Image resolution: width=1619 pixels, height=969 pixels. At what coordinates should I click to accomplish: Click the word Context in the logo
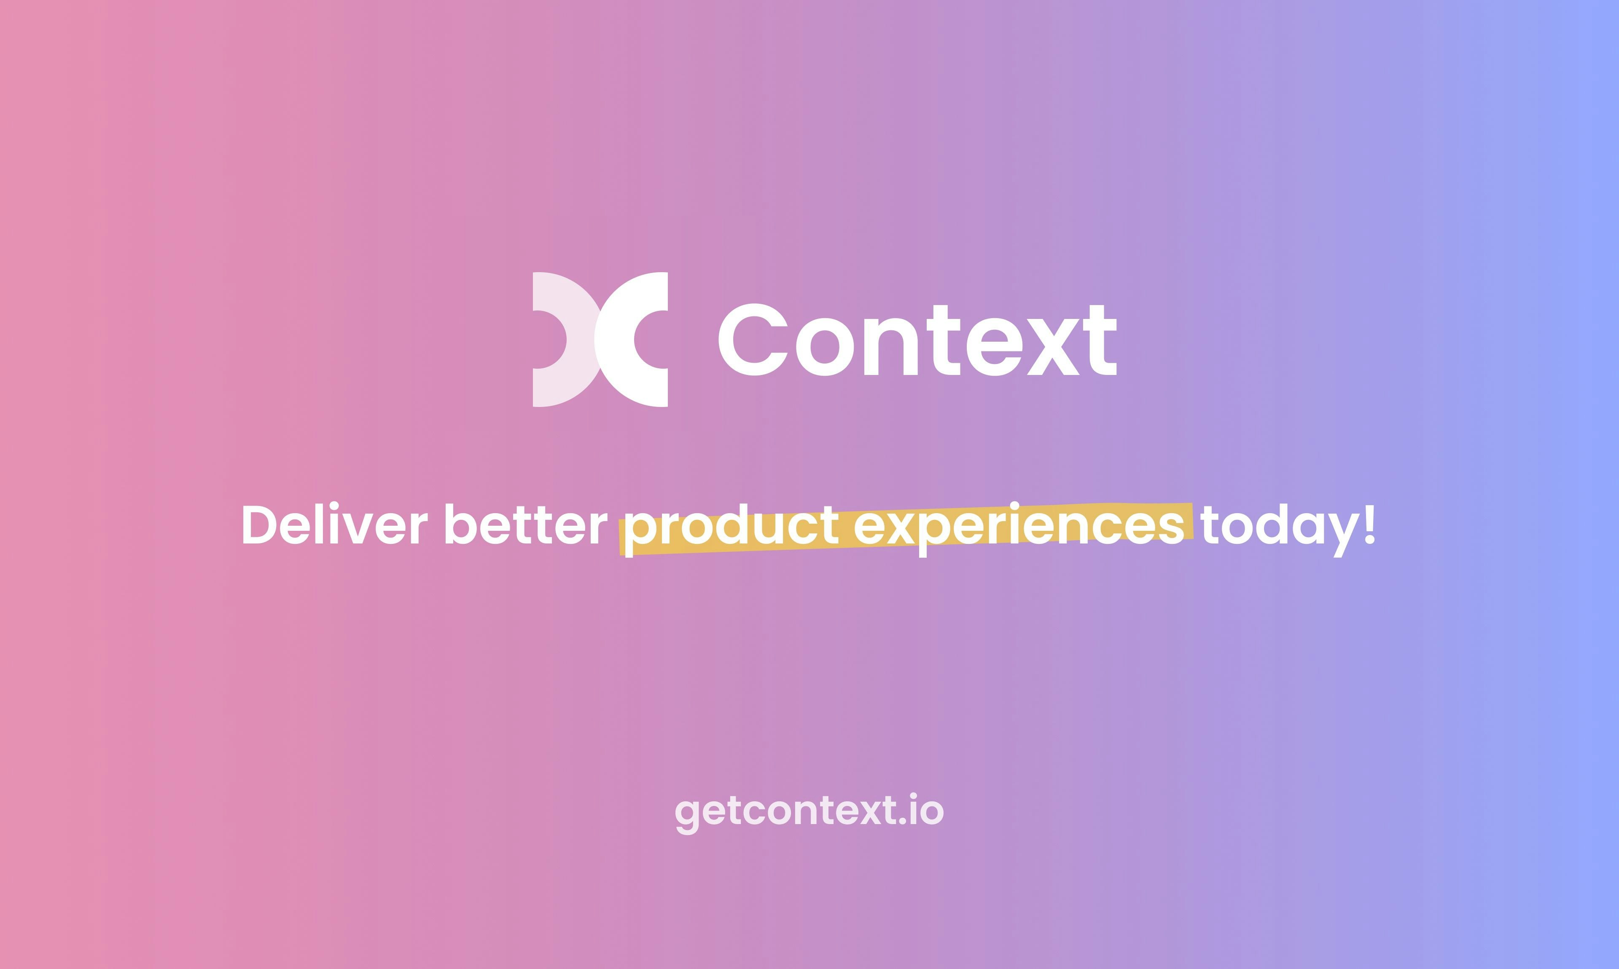click(917, 341)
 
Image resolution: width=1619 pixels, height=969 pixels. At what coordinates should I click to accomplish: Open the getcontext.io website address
click(809, 811)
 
